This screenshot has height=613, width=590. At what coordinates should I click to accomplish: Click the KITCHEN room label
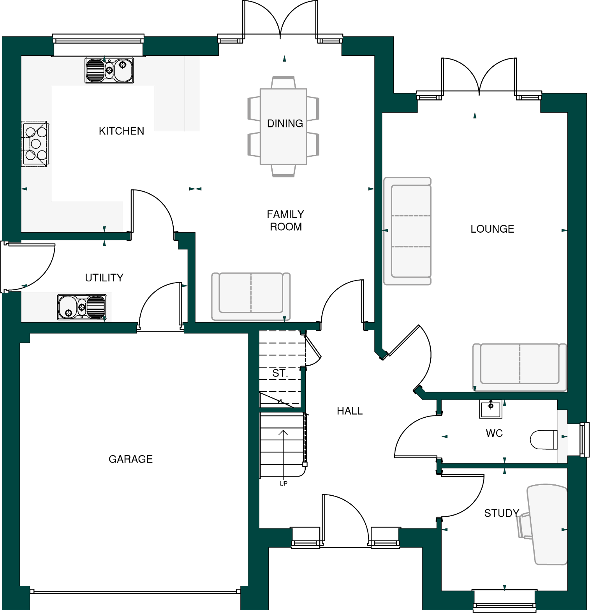pos(121,131)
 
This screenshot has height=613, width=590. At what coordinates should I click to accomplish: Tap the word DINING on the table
pos(285,124)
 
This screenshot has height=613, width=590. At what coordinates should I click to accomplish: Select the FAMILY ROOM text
pos(285,220)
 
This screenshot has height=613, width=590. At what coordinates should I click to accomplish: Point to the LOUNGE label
pos(492,229)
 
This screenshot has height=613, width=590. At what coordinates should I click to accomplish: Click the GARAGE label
pos(130,459)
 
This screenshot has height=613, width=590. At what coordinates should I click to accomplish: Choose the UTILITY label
pos(104,277)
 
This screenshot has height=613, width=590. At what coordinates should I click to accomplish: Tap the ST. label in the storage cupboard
pos(280,373)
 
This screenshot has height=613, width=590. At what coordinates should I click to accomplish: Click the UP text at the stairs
pos(283,484)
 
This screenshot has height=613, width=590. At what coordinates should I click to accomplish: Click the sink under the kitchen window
pos(109,71)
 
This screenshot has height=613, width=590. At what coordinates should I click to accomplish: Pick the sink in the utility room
pos(82,307)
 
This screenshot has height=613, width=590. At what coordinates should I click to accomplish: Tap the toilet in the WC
pos(544,440)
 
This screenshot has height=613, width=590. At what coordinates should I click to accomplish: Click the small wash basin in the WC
pos(490,409)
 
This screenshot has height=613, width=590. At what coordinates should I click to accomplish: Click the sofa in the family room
pos(251,295)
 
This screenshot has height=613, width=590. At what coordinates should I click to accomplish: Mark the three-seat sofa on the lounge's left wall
pos(408,231)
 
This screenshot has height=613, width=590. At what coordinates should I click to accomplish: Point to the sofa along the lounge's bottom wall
pos(519,366)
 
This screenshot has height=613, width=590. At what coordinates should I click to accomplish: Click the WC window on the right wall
pos(583,440)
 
